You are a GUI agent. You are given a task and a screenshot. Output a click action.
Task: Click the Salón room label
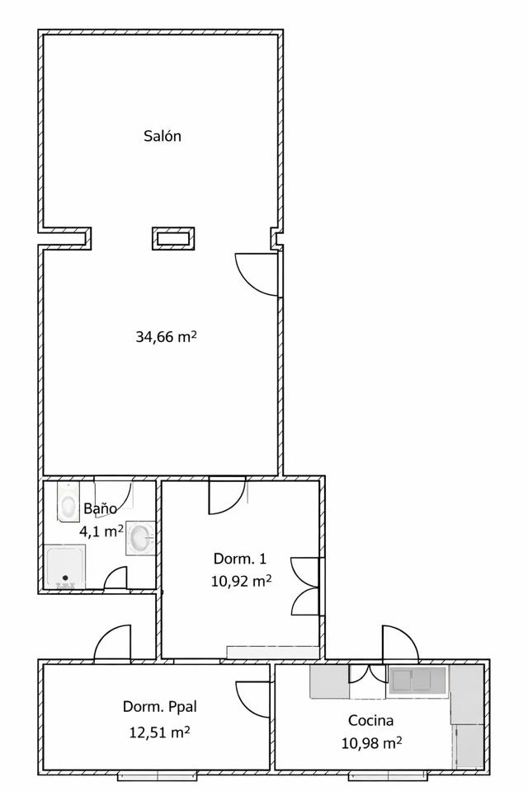tap(163, 136)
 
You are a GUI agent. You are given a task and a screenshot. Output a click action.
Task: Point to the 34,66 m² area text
tap(166, 336)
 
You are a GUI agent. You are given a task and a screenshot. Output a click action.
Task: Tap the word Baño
tap(100, 508)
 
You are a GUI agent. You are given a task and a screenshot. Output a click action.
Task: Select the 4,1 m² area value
tap(101, 531)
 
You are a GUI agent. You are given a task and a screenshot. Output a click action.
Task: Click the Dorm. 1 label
tap(239, 559)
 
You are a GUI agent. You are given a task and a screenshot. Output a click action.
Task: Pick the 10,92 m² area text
tap(242, 581)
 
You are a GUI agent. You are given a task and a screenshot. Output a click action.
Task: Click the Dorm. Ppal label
tap(160, 707)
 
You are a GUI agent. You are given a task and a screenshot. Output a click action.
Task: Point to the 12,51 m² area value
tap(160, 732)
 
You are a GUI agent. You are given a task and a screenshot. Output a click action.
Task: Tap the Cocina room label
tap(371, 720)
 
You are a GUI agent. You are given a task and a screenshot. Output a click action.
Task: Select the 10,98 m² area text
tap(372, 742)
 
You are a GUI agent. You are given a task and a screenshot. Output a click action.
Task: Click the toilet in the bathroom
tap(67, 502)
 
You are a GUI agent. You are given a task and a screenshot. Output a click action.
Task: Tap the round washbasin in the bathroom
tap(140, 538)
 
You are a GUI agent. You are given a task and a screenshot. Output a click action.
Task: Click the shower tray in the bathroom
tap(65, 567)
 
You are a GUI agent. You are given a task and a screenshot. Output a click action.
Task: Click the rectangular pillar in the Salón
tap(173, 238)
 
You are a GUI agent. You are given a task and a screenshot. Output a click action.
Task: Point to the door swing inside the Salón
tap(257, 274)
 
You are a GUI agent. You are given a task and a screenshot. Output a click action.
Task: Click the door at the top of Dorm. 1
tap(228, 496)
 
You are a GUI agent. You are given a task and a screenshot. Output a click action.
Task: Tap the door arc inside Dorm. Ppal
tap(252, 700)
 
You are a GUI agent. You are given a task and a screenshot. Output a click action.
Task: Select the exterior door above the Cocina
tap(400, 642)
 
